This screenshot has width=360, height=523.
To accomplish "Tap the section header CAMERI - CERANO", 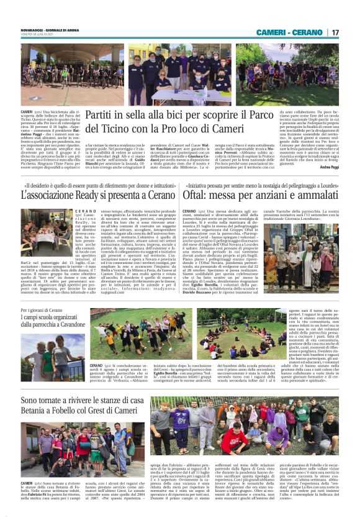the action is pos(291,32).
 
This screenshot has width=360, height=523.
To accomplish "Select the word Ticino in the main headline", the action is pos(124,129).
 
